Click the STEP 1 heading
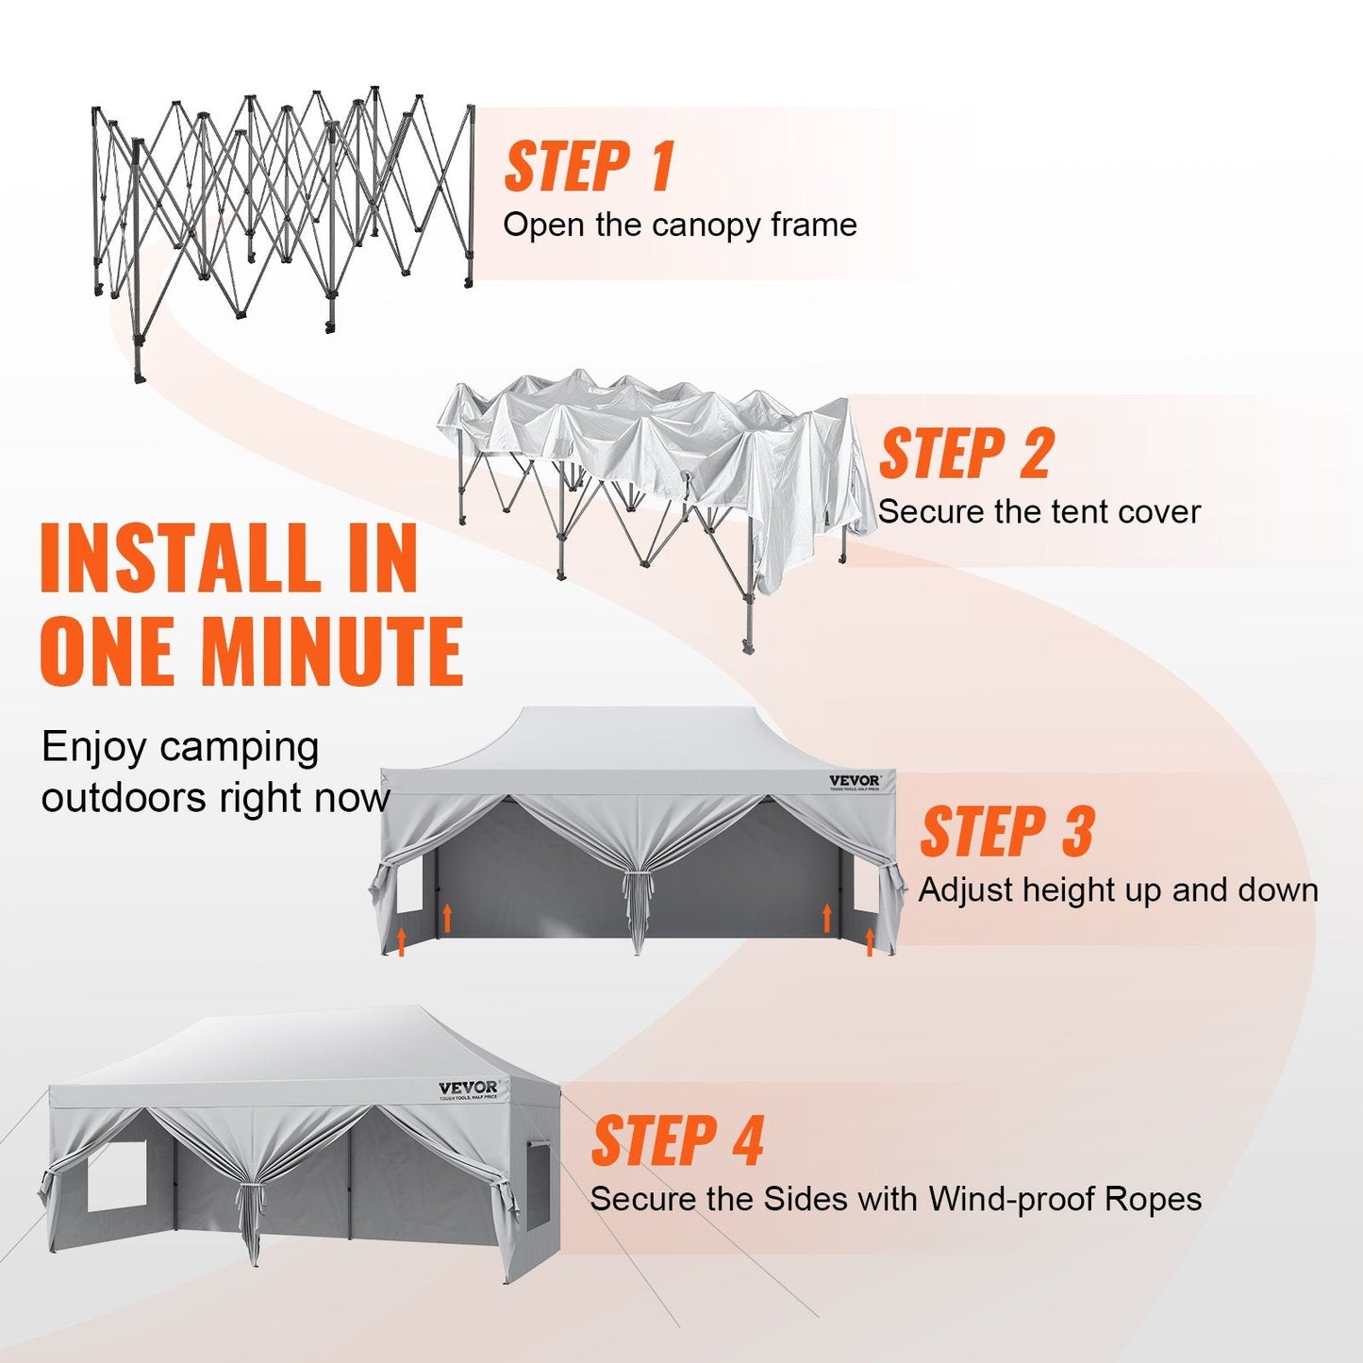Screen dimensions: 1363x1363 point(590,167)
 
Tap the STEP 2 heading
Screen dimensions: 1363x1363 point(966,454)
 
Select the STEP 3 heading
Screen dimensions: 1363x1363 point(1006,832)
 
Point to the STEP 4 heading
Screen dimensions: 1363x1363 point(677,1140)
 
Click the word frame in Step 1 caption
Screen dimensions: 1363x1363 point(813,225)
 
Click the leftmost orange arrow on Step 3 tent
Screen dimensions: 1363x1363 point(402,940)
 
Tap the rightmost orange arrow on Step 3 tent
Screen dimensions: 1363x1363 point(870,940)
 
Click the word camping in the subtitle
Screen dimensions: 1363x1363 point(238,748)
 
